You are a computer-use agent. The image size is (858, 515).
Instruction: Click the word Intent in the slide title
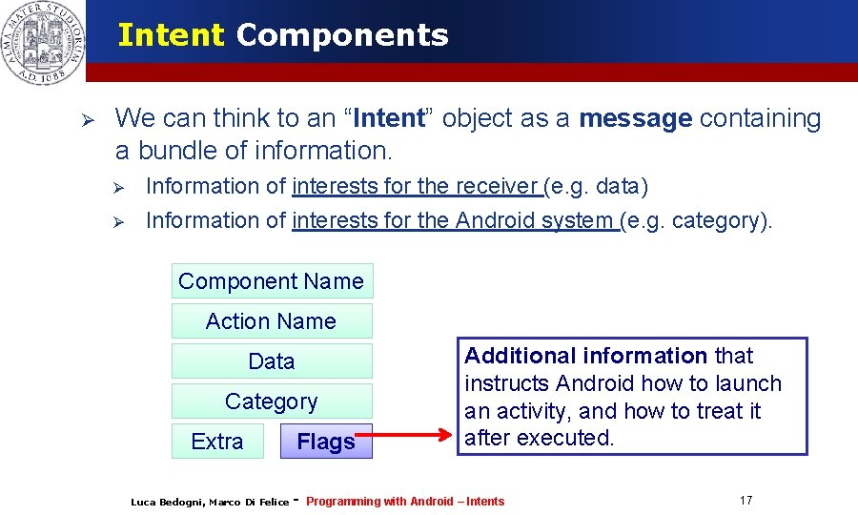(171, 35)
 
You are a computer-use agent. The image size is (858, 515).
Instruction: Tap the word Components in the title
(341, 35)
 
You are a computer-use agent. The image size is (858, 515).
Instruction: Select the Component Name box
(272, 281)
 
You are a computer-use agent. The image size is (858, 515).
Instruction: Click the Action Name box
(272, 321)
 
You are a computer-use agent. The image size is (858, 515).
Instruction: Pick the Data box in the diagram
(272, 361)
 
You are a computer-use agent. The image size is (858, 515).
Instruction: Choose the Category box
(272, 402)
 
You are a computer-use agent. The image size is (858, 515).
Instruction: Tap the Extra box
(217, 442)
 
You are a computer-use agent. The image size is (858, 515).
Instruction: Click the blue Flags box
(326, 442)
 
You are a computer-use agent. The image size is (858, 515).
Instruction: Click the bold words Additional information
(585, 356)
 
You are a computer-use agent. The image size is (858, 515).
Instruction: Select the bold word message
(635, 118)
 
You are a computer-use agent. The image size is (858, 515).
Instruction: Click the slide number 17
(746, 501)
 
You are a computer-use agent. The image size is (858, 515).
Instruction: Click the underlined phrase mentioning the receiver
(417, 186)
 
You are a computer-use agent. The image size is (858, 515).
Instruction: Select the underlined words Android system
(534, 220)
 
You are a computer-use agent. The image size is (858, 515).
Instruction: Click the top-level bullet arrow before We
(84, 120)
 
